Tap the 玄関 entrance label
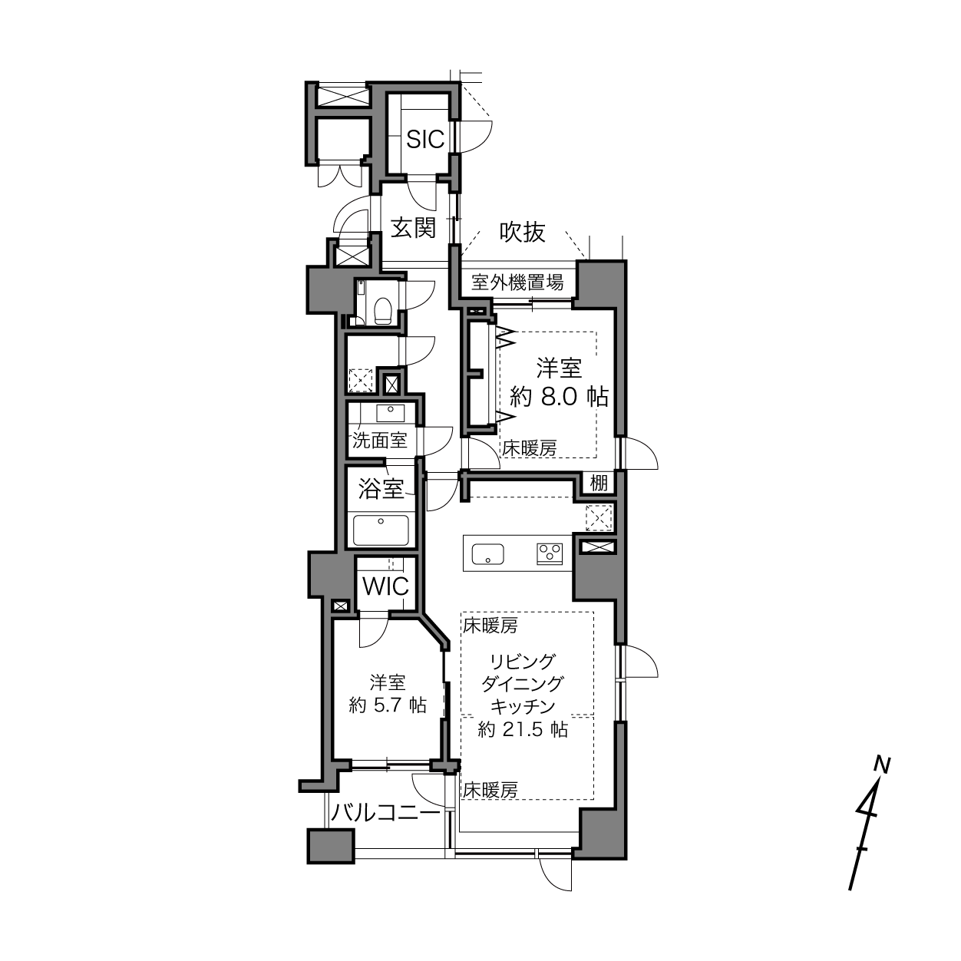coord(413,228)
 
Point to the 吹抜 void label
coord(522,232)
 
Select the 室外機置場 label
coord(517,282)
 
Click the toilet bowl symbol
coord(382,309)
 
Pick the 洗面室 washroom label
coord(380,440)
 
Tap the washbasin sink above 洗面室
coord(391,413)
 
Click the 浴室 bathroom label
coord(381,489)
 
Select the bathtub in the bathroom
coord(381,530)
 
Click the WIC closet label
coord(386,586)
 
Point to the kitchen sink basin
coord(487,553)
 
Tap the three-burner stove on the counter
coord(550,553)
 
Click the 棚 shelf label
coord(599,483)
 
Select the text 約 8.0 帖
coord(559,397)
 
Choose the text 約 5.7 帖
coord(388,705)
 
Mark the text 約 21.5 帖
coord(523,730)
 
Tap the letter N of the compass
coord(883,765)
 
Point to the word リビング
coord(523,662)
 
